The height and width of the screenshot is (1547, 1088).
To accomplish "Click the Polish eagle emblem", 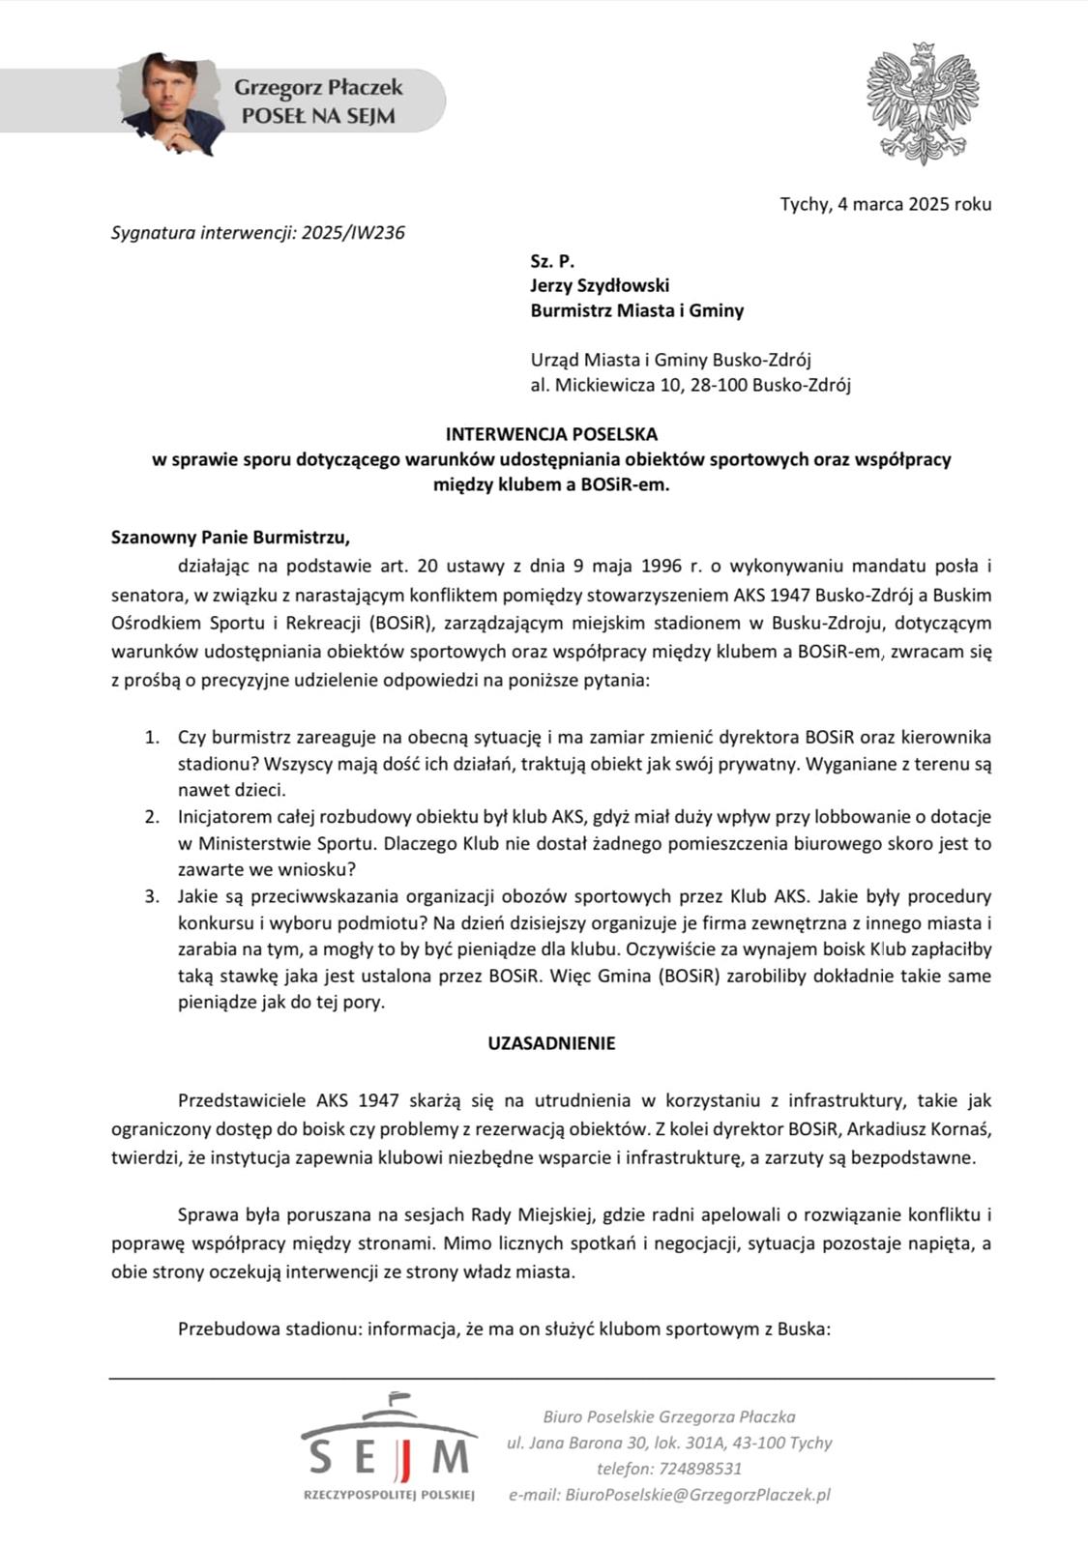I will click(x=924, y=103).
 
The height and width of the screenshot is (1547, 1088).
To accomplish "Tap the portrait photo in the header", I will click(x=180, y=101).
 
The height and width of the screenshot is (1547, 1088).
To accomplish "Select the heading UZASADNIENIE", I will click(x=551, y=1043).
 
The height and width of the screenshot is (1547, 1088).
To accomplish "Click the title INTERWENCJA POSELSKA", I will click(x=551, y=434).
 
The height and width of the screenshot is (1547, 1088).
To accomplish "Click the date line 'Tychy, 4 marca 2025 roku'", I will click(x=885, y=204).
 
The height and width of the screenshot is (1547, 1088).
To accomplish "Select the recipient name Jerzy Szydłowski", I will click(x=600, y=285).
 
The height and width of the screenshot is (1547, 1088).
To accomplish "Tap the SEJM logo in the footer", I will click(x=389, y=1446).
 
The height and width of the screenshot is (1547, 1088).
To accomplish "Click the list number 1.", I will click(x=152, y=738).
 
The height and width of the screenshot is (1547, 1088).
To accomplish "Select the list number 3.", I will click(x=152, y=896).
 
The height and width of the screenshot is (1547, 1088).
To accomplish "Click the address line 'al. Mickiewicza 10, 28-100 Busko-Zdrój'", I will click(x=691, y=386).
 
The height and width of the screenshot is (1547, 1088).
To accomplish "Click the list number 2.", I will click(x=152, y=817).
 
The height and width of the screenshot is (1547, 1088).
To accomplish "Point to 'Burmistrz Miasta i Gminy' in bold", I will click(x=636, y=310).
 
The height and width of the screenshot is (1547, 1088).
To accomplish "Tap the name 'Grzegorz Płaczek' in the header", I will click(x=318, y=88).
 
